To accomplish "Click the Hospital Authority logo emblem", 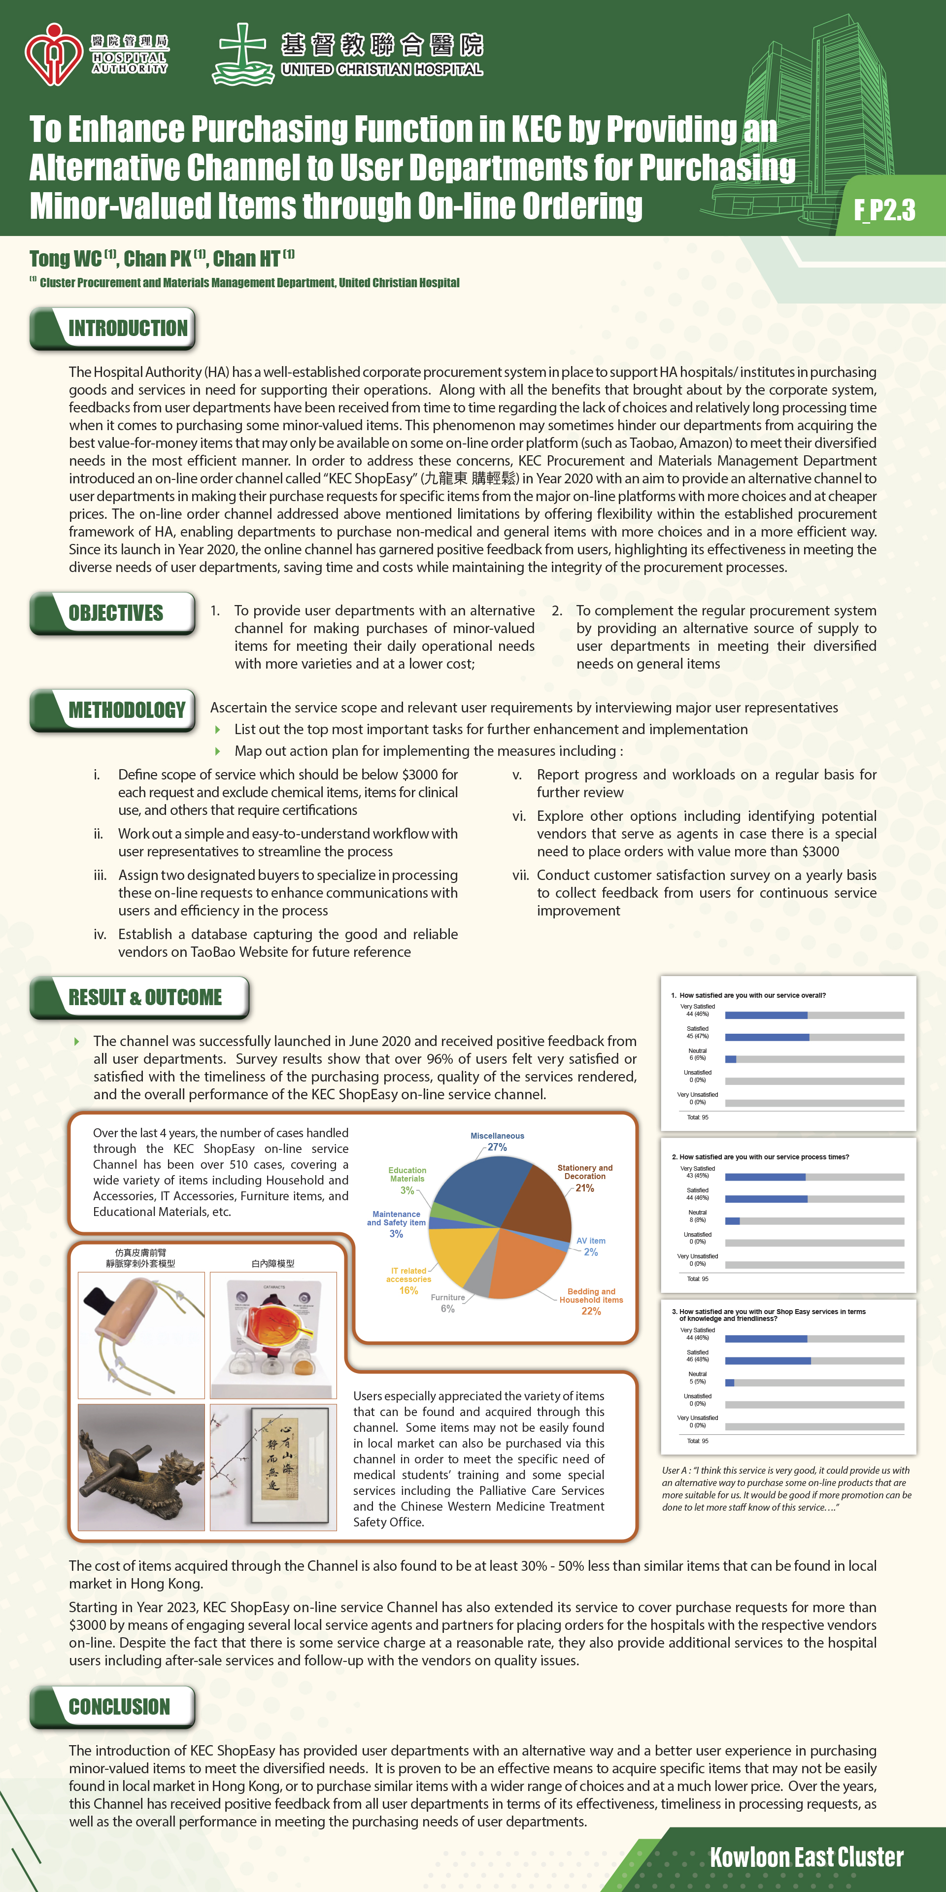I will pyautogui.click(x=53, y=54).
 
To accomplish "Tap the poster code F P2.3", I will pyautogui.click(x=884, y=210).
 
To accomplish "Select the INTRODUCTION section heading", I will pyautogui.click(x=127, y=328).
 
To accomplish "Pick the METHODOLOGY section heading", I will pyautogui.click(x=126, y=710).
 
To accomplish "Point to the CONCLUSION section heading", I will pyautogui.click(x=119, y=1707).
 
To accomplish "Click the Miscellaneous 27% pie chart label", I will pyautogui.click(x=497, y=1142).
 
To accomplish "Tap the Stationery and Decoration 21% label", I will pyautogui.click(x=585, y=1178).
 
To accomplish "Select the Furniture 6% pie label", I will pyautogui.click(x=447, y=1303).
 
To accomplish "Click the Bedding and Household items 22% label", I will pyautogui.click(x=591, y=1301).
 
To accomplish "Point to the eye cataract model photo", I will pyautogui.click(x=273, y=1335).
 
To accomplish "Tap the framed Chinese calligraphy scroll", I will pyautogui.click(x=289, y=1466).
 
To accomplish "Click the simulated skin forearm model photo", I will pyautogui.click(x=141, y=1335).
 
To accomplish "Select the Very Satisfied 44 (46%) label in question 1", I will pyautogui.click(x=697, y=1010).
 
